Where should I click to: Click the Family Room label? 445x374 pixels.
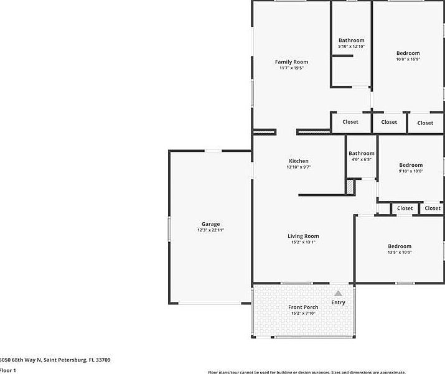click(x=291, y=62)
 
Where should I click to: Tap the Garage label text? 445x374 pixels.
click(x=210, y=224)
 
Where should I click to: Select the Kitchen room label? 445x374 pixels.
click(x=299, y=161)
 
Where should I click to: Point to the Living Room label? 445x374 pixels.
click(x=303, y=236)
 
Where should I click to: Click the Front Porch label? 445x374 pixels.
click(x=303, y=307)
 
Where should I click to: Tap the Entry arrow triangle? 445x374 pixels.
click(x=338, y=293)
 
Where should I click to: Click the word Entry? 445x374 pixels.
click(x=338, y=302)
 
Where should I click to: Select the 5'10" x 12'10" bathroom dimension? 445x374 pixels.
click(x=351, y=47)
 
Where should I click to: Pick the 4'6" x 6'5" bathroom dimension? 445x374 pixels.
click(x=362, y=159)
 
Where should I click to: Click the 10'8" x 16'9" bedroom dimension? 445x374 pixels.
click(x=408, y=59)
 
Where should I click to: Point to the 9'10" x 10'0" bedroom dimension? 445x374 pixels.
click(x=411, y=171)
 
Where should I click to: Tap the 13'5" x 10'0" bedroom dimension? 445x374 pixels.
click(x=400, y=252)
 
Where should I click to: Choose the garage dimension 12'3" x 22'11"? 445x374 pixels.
click(x=210, y=230)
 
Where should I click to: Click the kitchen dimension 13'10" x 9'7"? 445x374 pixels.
click(x=299, y=167)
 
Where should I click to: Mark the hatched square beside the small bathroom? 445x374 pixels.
click(x=350, y=186)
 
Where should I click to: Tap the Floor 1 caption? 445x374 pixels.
click(x=7, y=370)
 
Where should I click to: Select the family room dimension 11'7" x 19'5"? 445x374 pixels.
click(x=291, y=68)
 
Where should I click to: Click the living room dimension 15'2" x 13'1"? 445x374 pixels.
click(x=303, y=242)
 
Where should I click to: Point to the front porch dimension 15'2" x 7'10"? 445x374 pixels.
click(x=303, y=313)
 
